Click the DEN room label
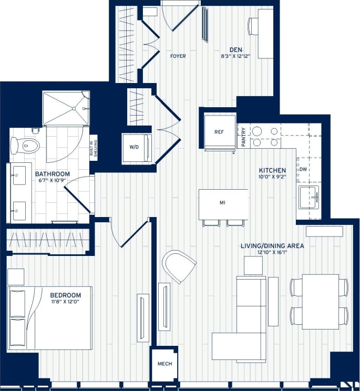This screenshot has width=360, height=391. click(x=235, y=50)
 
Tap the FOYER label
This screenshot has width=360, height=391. click(x=178, y=56)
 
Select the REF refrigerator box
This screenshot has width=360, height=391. click(x=219, y=132)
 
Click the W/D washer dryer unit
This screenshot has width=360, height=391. click(x=134, y=147)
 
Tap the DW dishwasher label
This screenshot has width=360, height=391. click(x=303, y=169)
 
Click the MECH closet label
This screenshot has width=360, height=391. click(x=164, y=364)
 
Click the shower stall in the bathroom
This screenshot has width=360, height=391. click(x=66, y=108)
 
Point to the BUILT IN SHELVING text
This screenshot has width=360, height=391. click(x=94, y=149)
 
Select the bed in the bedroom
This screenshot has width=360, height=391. click(x=50, y=317)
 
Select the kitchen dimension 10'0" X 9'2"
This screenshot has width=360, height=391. click(x=272, y=178)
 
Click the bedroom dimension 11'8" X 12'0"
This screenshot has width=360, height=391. click(x=66, y=302)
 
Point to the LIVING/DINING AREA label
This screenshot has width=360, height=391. click(x=272, y=245)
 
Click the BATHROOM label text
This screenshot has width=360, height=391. click(x=53, y=174)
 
